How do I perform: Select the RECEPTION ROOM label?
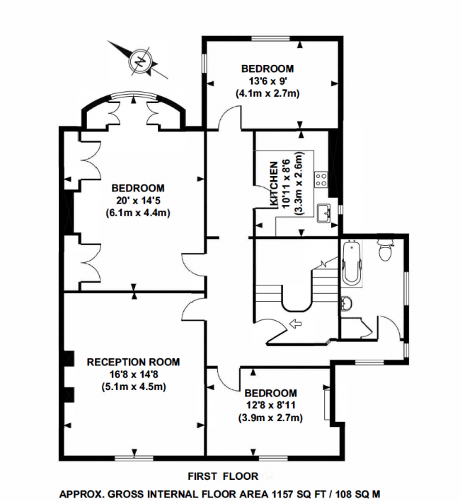tap(133, 362)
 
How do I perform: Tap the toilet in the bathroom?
tap(386, 250)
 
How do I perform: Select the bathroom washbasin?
tap(346, 304)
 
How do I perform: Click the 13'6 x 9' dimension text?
tap(268, 81)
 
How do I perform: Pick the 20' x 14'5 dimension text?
tap(138, 201)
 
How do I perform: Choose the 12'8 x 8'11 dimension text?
tap(270, 406)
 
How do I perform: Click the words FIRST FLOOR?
tap(223, 476)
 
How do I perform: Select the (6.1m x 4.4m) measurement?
tap(138, 213)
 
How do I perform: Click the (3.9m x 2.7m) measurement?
tap(270, 418)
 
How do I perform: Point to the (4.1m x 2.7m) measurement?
tap(268, 93)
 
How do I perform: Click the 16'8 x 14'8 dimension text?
tap(133, 374)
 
